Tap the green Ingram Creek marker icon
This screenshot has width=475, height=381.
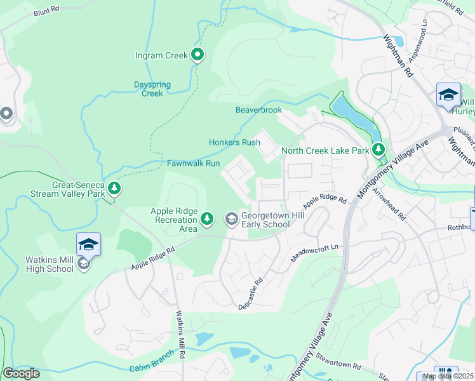click(x=197, y=55)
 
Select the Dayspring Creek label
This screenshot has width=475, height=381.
click(x=148, y=89)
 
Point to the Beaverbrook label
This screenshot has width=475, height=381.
click(x=258, y=110)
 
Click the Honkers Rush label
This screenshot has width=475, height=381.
click(x=234, y=142)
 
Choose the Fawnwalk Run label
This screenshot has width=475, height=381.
click(x=193, y=163)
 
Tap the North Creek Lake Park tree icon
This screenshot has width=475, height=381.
click(x=378, y=149)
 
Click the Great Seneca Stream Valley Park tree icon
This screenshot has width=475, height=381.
click(x=114, y=187)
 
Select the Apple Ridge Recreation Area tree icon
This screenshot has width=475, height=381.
click(x=207, y=219)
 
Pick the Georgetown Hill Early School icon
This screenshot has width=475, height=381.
click(x=231, y=219)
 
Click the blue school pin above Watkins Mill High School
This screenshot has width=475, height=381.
click(x=88, y=244)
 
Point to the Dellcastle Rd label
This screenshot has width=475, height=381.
click(x=250, y=291)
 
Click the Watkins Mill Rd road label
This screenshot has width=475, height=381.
click(x=180, y=333)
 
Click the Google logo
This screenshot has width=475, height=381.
click(x=21, y=373)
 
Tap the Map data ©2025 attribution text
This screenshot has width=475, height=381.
click(x=448, y=376)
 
